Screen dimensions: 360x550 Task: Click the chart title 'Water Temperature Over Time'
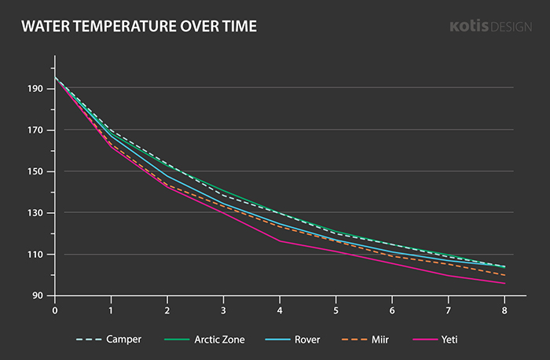[139, 28]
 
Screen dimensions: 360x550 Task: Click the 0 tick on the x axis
[55, 310]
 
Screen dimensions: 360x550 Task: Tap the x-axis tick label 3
[224, 310]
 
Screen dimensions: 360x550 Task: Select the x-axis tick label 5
[336, 310]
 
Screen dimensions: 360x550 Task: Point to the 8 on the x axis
[505, 310]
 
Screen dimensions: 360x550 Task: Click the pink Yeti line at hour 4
[280, 241]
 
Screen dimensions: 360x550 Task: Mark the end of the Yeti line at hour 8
[505, 283]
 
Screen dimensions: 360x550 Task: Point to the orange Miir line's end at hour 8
[505, 275]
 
